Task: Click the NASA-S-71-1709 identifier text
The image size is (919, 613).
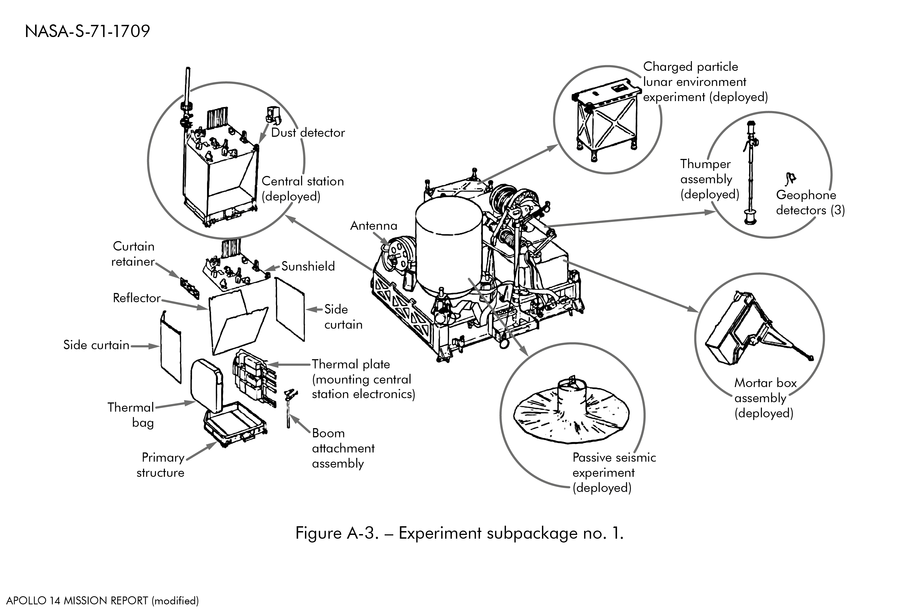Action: [87, 31]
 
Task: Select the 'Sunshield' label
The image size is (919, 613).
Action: [308, 266]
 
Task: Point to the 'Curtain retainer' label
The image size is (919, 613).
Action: [133, 254]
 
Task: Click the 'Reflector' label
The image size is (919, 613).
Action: [136, 298]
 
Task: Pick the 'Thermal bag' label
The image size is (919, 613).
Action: [131, 415]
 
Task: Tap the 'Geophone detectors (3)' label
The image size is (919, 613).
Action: [810, 202]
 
